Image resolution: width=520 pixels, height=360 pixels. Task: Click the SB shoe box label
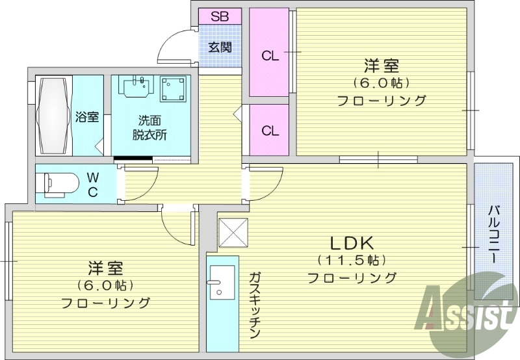(219, 16)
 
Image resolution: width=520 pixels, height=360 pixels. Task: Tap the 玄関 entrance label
(220, 47)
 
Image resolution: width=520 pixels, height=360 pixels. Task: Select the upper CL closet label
(270, 56)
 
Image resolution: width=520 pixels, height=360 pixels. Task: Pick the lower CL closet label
(270, 130)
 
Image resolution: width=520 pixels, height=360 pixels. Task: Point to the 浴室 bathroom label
(87, 117)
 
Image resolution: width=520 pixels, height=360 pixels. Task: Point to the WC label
(93, 184)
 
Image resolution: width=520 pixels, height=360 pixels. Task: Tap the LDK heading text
(351, 244)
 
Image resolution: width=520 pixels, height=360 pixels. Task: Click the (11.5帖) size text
(352, 261)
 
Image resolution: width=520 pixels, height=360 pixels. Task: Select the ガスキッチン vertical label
(254, 305)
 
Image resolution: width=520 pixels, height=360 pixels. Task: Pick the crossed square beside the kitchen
(233, 233)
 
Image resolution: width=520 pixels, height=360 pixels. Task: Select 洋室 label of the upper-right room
(381, 66)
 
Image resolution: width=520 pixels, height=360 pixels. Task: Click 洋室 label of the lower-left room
(105, 268)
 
